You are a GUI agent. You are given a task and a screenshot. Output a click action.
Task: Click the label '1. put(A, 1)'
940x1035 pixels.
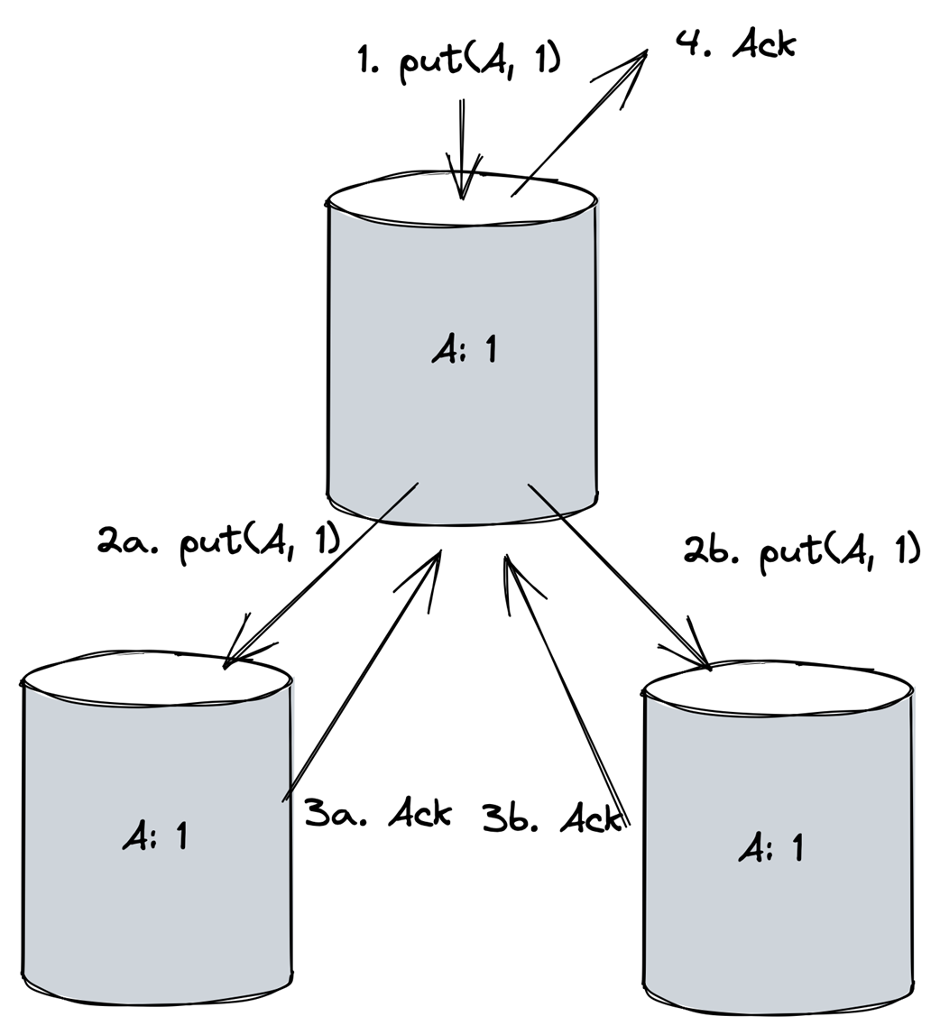[x=459, y=61]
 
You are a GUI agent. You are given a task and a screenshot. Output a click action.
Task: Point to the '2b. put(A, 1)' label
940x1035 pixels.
[x=801, y=551]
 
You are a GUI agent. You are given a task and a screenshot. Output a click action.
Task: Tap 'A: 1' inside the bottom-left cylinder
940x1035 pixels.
[x=155, y=835]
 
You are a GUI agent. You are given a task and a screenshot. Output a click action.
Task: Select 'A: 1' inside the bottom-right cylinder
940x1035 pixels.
[x=771, y=847]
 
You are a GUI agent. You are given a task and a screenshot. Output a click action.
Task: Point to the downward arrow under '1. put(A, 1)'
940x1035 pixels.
[x=462, y=149]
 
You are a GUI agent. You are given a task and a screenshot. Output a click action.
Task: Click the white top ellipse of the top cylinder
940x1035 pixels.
[x=462, y=201]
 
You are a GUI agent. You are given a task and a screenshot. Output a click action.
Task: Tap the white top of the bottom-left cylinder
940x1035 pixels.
[x=156, y=680]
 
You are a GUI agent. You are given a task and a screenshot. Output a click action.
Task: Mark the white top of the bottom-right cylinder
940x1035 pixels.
[x=779, y=690]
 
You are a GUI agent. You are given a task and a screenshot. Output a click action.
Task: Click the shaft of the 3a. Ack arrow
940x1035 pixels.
[x=361, y=678]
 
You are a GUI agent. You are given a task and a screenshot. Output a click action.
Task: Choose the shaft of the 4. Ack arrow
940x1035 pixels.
[x=579, y=125]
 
